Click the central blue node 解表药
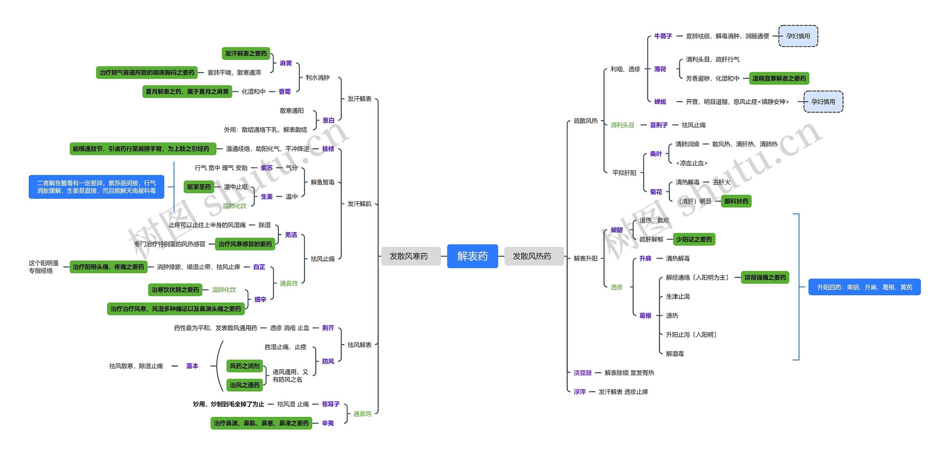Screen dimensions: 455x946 pyautogui.click(x=472, y=256)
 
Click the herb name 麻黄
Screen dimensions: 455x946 pyautogui.click(x=286, y=63)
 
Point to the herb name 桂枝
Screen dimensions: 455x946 pyautogui.click(x=328, y=149)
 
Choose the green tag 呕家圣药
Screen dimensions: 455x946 pyautogui.click(x=199, y=187)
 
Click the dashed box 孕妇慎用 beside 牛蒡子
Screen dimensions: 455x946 pyautogui.click(x=798, y=36)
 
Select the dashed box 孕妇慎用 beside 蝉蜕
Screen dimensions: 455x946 pyautogui.click(x=823, y=102)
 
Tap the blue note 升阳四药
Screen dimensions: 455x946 pyautogui.click(x=864, y=287)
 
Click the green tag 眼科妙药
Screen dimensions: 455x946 pyautogui.click(x=736, y=201)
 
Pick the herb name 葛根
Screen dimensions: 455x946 pyautogui.click(x=645, y=316)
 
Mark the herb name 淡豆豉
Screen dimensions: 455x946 pyautogui.click(x=582, y=373)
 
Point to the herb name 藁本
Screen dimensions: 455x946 pyautogui.click(x=192, y=366)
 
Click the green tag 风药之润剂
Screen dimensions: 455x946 pyautogui.click(x=244, y=366)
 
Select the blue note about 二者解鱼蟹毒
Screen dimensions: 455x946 pyautogui.click(x=96, y=187)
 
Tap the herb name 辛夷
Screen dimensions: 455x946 pyautogui.click(x=327, y=423)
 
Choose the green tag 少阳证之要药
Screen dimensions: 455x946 pyautogui.click(x=694, y=240)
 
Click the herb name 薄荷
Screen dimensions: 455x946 pyautogui.click(x=660, y=69)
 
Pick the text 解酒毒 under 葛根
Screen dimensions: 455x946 pyautogui.click(x=675, y=354)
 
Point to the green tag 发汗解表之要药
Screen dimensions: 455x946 pyautogui.click(x=246, y=54)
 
